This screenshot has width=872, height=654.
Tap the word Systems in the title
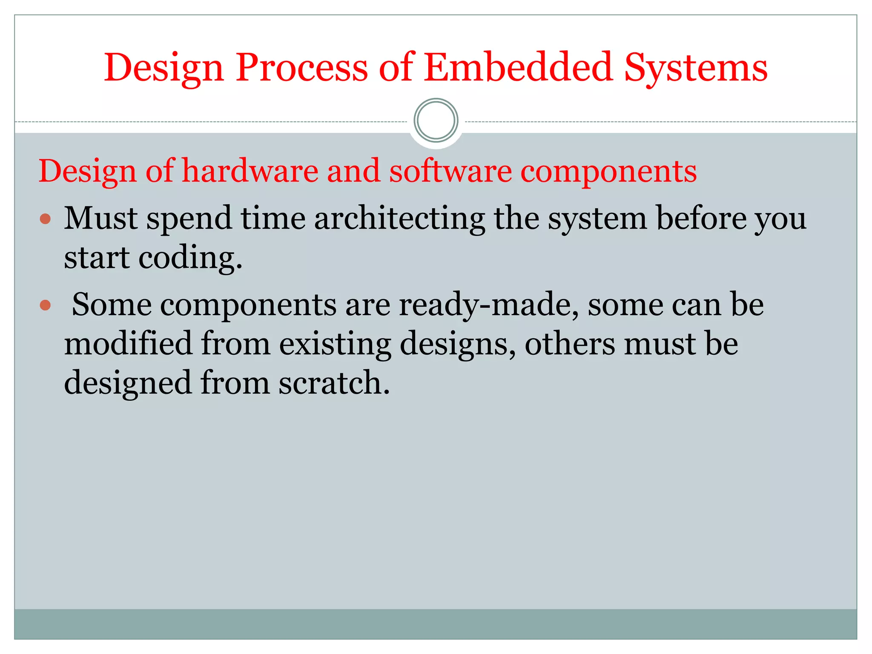tap(696, 68)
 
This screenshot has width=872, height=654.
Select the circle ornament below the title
tap(436, 120)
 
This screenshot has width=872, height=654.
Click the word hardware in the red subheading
tap(250, 171)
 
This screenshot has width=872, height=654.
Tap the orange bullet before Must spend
tap(45, 219)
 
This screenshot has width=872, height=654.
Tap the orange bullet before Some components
tap(45, 305)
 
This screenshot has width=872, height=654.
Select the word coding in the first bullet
tap(190, 259)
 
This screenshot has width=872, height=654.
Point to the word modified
tap(128, 344)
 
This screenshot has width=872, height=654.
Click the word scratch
tap(334, 383)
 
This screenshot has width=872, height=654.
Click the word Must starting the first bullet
tap(101, 218)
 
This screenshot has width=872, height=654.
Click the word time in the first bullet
tap(273, 218)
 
